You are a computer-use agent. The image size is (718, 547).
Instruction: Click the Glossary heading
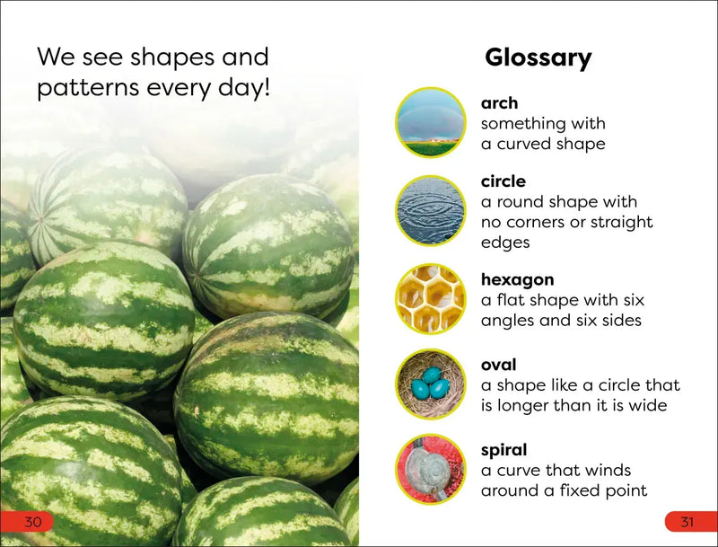pyautogui.click(x=538, y=58)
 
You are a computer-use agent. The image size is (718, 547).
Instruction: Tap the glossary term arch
pyautogui.click(x=499, y=103)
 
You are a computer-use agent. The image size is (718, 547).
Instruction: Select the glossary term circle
pyautogui.click(x=503, y=181)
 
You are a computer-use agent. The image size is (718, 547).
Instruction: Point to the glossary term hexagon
pyautogui.click(x=517, y=280)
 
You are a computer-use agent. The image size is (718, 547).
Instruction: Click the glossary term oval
pyautogui.click(x=498, y=365)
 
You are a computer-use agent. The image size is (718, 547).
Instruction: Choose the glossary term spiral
pyautogui.click(x=503, y=449)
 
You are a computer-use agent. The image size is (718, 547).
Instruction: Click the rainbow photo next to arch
pyautogui.click(x=431, y=123)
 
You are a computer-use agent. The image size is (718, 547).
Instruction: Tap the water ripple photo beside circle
pyautogui.click(x=431, y=211)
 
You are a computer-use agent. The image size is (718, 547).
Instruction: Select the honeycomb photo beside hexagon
pyautogui.click(x=431, y=298)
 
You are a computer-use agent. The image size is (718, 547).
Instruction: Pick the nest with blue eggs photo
pyautogui.click(x=431, y=384)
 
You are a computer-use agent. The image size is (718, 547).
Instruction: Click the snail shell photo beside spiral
pyautogui.click(x=431, y=470)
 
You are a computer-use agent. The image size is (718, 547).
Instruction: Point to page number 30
pyautogui.click(x=33, y=522)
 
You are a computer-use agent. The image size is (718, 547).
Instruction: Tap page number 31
pyautogui.click(x=687, y=522)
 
